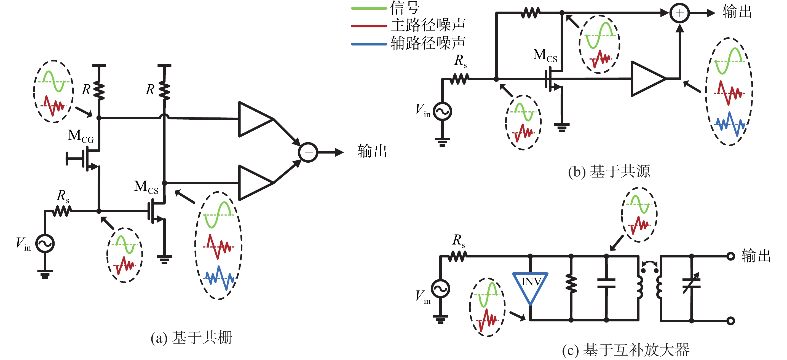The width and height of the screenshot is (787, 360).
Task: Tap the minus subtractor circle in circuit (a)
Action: (x=308, y=152)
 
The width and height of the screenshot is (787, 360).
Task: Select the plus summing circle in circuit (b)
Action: (x=679, y=13)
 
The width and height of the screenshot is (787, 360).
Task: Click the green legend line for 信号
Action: (x=369, y=8)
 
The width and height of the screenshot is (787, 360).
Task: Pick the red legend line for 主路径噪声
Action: (x=369, y=26)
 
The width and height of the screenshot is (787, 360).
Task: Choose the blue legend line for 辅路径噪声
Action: (x=369, y=44)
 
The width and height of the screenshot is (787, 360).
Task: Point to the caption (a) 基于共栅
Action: (x=192, y=338)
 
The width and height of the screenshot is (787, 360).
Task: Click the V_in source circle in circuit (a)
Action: (x=45, y=243)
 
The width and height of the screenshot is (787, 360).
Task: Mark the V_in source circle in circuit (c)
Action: (x=440, y=288)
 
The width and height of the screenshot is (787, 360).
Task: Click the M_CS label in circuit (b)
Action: (x=545, y=56)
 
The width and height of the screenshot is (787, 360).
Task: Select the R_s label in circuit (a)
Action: (x=63, y=196)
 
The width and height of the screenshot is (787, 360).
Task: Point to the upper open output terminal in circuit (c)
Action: (x=730, y=256)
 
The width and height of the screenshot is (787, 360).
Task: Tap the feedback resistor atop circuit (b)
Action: (x=530, y=13)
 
